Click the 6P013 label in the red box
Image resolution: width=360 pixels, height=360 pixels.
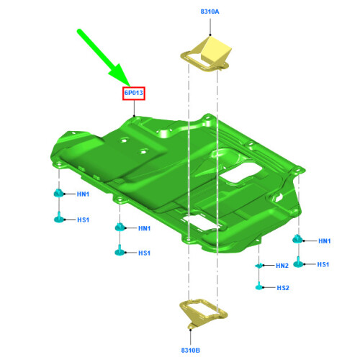(x=134, y=93)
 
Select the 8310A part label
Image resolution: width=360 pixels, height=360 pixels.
(x=210, y=12)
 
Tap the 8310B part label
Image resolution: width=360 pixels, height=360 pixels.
(x=191, y=350)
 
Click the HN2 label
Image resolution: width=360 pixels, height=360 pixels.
(x=282, y=266)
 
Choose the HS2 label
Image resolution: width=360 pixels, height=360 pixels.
(x=283, y=288)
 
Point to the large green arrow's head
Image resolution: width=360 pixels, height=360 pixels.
(x=120, y=75)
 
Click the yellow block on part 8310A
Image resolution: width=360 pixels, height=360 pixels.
(x=216, y=49)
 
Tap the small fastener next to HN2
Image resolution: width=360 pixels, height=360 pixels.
(x=258, y=266)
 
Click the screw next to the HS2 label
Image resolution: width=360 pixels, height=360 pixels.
(x=258, y=286)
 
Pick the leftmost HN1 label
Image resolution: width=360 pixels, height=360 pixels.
(x=83, y=194)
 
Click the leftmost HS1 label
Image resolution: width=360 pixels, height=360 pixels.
(x=83, y=220)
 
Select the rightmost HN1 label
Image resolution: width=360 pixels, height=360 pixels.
(x=325, y=241)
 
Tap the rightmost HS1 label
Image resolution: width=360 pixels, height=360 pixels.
(x=323, y=264)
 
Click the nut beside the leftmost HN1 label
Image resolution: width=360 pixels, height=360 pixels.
(x=58, y=193)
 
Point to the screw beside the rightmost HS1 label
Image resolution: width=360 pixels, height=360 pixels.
(x=298, y=262)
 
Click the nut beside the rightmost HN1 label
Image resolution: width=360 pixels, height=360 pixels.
(x=297, y=239)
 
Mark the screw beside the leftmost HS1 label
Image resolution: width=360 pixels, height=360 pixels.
(x=59, y=217)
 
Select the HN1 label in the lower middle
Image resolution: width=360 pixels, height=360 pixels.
(x=144, y=228)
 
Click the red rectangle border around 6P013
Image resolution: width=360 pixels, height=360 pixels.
(x=122, y=94)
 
